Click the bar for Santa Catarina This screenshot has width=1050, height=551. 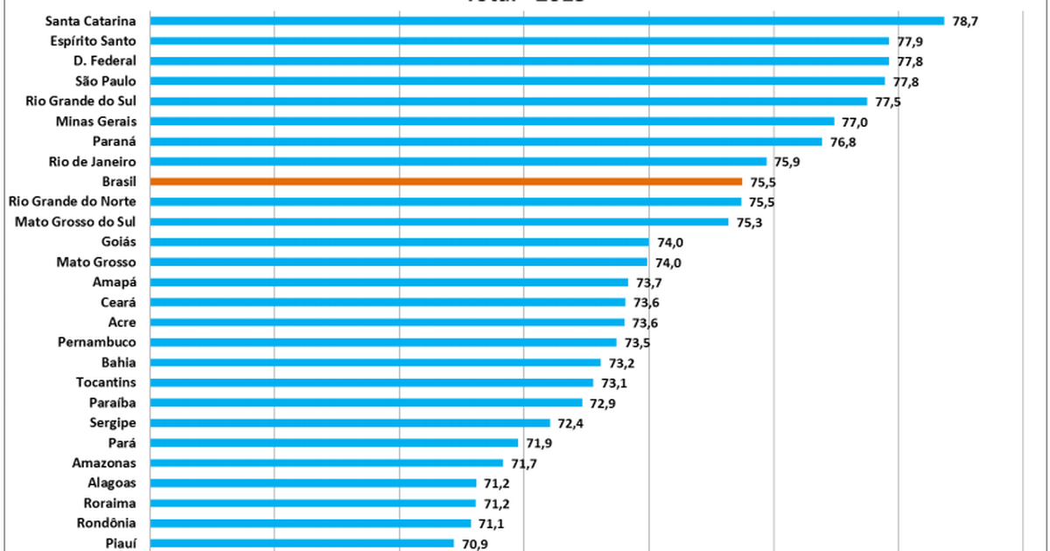point(547,21)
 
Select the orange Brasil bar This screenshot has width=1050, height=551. point(446,182)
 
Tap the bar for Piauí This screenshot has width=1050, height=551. point(302,543)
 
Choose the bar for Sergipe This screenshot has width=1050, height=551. point(350,423)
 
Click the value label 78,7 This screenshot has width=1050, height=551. point(965,21)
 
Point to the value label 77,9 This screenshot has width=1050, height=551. point(909,41)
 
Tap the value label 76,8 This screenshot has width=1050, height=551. point(843,142)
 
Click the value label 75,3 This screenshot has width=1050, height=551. point(749,222)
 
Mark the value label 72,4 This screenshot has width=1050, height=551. point(570,423)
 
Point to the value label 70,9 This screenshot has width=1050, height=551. point(474,543)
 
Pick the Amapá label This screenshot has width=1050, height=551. point(120,282)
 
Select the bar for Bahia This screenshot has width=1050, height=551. point(375,363)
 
